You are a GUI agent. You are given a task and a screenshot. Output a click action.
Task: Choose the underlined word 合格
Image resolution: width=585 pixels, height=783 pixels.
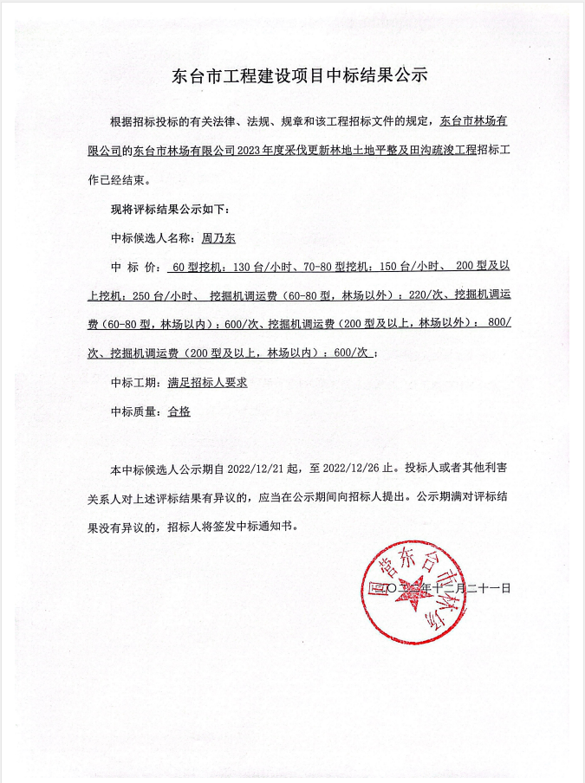click(x=179, y=411)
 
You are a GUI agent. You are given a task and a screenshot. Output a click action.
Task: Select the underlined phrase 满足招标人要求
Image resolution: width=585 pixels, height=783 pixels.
click(x=208, y=382)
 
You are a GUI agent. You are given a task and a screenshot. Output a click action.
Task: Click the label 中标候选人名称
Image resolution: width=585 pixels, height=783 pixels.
click(x=149, y=236)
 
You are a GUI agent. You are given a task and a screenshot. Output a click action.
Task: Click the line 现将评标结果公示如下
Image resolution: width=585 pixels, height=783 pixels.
click(x=170, y=210)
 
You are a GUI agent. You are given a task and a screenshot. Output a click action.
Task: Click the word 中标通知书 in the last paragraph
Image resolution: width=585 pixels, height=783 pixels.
click(x=263, y=525)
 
